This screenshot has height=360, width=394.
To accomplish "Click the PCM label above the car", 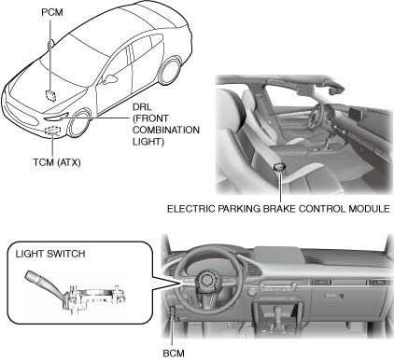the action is pos(52,12).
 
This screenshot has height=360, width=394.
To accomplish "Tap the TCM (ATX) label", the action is pos(57,162).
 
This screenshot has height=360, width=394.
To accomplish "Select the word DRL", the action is pos(142,107).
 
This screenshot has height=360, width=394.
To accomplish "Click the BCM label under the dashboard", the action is pos(174,353).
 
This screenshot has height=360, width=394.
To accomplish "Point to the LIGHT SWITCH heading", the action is pos(50,254).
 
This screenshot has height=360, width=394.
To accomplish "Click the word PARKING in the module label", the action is pos(239,209).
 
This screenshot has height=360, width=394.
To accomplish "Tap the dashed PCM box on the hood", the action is pos(50,95).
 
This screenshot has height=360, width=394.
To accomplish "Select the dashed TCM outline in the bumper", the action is pos(52,130).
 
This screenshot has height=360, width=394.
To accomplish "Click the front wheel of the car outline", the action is pos(78,124).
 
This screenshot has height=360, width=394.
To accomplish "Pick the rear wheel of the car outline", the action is pos(170,70).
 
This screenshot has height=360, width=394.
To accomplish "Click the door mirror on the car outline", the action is pos(110,79).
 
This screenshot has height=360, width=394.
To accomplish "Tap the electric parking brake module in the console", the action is pos(280,168).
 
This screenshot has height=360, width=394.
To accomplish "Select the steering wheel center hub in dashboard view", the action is pos(205,282).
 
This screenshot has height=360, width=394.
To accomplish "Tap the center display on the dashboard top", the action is pos(277,255).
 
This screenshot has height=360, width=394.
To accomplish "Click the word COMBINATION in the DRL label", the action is pos(166,130).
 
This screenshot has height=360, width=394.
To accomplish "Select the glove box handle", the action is pos(334,296).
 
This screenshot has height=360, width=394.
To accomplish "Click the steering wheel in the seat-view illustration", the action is pos(315,116).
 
